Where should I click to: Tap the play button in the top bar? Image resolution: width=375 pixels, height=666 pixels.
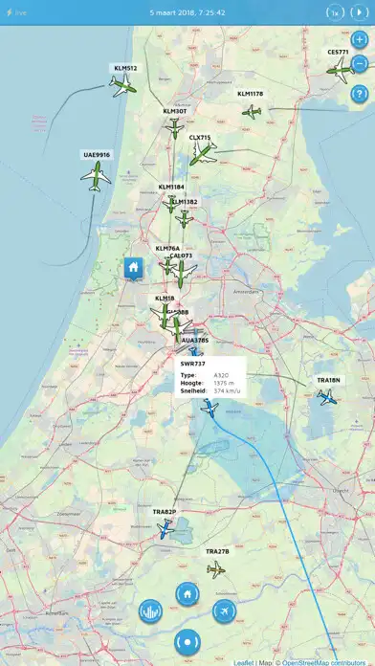pos(359,12)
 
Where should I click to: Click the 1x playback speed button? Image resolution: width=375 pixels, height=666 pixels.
pos(335,12)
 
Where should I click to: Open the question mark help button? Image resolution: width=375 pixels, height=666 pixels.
pos(359,94)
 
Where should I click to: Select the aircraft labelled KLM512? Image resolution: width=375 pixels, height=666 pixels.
pos(124,86)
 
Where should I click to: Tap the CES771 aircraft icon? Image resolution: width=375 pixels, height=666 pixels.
pos(339,68)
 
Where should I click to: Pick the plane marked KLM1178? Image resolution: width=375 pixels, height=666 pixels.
pos(252,111)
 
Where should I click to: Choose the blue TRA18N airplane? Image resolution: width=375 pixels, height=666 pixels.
pos(328,396)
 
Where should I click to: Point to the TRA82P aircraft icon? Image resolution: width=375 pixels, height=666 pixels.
pos(165,529)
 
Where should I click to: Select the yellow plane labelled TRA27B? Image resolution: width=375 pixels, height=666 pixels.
pos(216,569)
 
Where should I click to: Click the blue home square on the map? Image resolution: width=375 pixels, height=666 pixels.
pos(133,269)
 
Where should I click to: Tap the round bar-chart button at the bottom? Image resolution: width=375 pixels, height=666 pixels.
pos(150,610)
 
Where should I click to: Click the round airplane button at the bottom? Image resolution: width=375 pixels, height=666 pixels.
pos(226,610)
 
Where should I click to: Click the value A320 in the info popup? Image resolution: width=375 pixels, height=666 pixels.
pos(220,375)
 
